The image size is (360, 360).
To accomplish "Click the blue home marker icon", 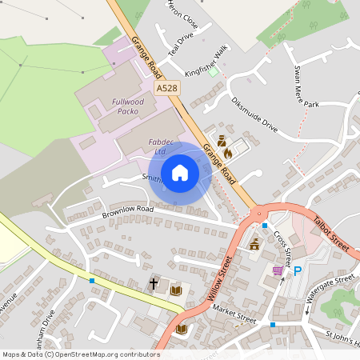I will point(180,171).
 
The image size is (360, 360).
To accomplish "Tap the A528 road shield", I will point(166,87).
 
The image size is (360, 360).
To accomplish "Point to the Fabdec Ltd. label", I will point(157,146).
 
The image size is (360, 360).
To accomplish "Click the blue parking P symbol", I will point(298,271).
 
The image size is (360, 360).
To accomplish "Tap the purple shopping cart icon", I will point(278,271).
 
